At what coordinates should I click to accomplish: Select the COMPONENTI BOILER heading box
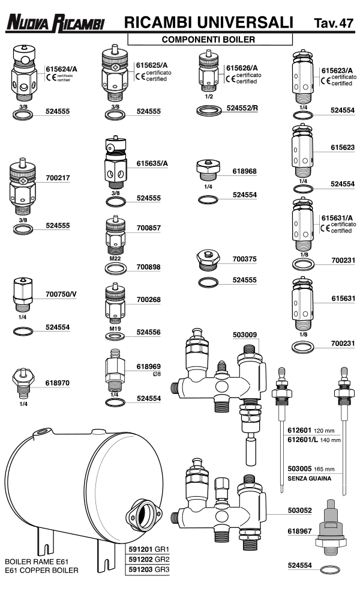click(209, 39)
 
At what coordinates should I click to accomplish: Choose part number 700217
click(58, 178)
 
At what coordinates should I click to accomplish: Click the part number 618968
click(244, 171)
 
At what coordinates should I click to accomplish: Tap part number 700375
click(244, 259)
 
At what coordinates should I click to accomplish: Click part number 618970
click(58, 381)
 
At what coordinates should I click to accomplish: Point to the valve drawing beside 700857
click(115, 234)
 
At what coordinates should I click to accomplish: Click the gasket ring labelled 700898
click(115, 267)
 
